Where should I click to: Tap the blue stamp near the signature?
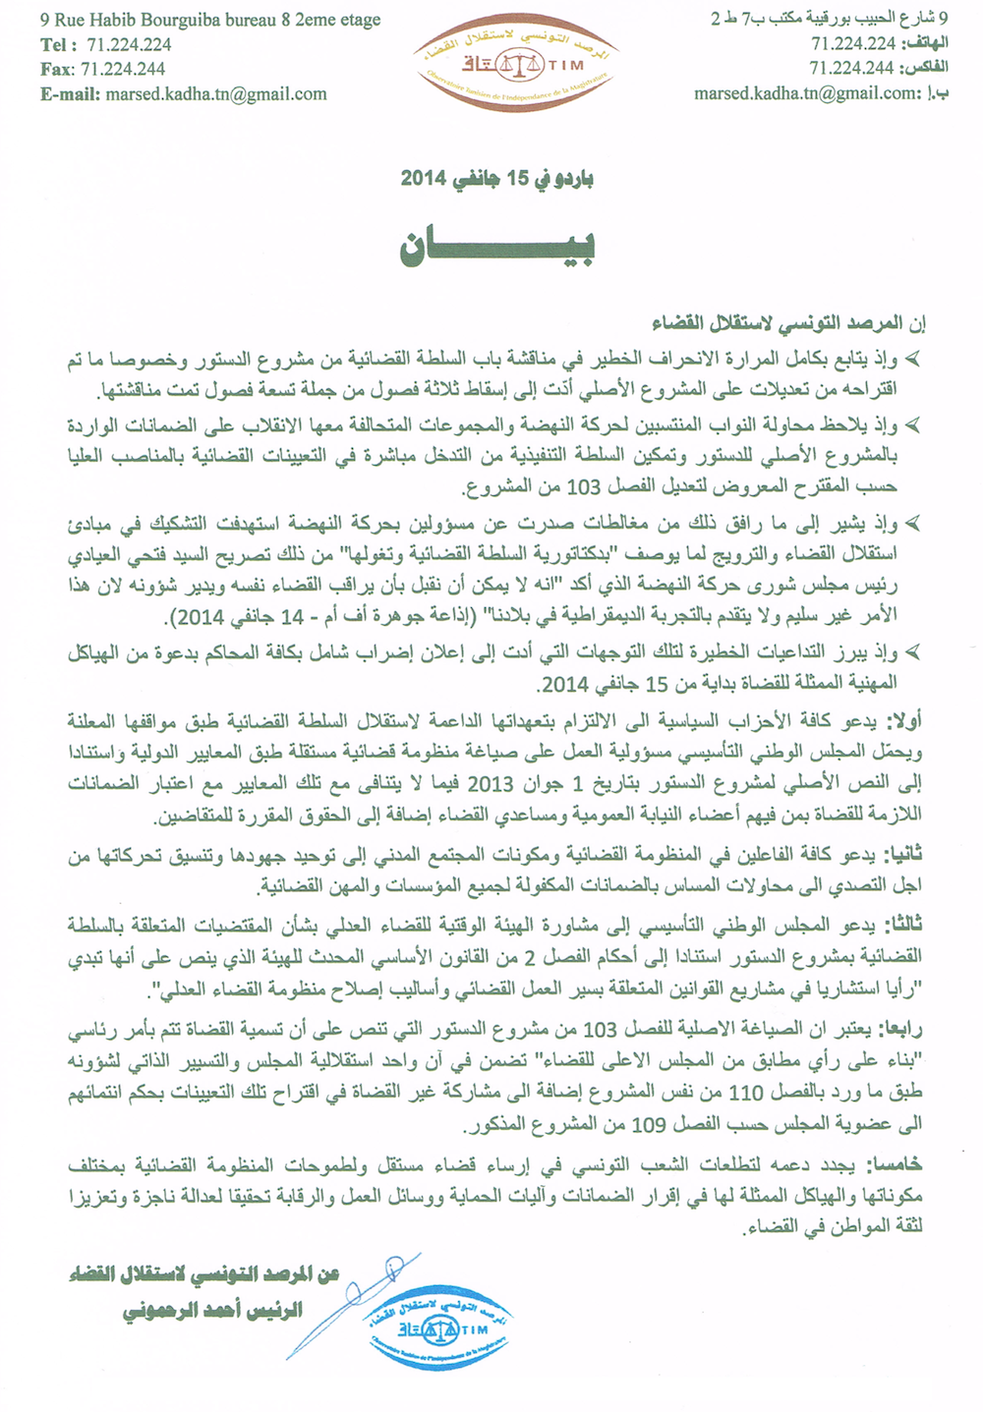437,1325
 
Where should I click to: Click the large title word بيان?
496,247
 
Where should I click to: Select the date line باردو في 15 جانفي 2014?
496,179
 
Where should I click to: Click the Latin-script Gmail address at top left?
215,94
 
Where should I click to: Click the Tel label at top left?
56,44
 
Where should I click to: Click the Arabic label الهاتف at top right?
924,43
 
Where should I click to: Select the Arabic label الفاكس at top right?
924,68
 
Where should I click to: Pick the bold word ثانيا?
903,857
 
